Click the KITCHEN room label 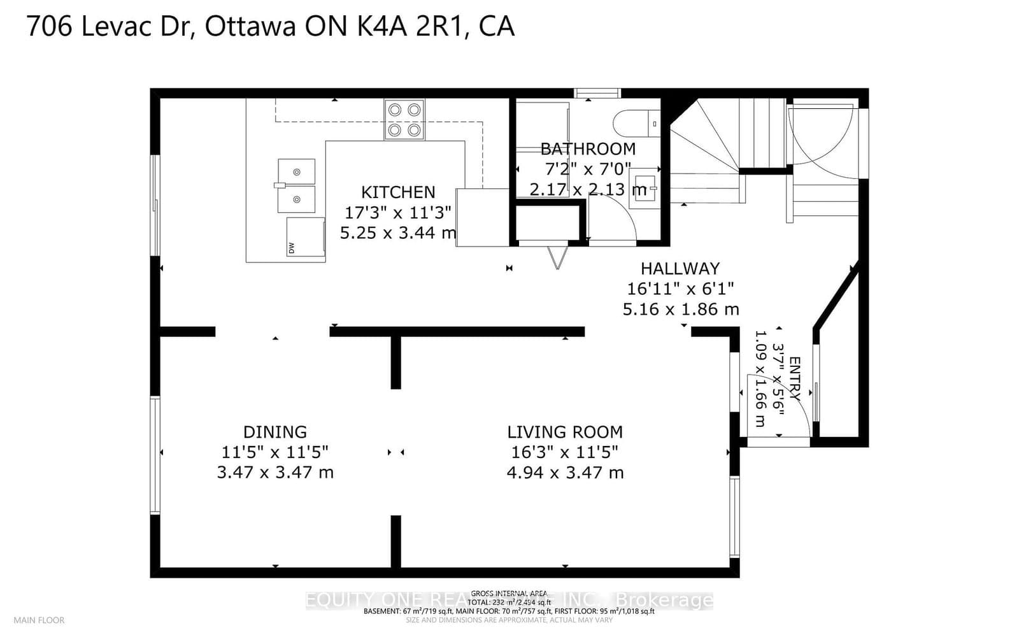tap(398, 192)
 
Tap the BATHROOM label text tap(588, 149)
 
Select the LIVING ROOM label tap(565, 432)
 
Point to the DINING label tap(275, 432)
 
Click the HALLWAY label tap(680, 269)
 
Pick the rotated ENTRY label tap(795, 378)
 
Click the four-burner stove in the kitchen tap(404, 120)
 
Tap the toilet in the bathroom tap(637, 122)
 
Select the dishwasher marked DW tap(306, 237)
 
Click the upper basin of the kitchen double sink tap(296, 171)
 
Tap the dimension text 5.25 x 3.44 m tap(398, 233)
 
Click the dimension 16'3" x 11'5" tap(565, 452)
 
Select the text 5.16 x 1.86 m tap(680, 310)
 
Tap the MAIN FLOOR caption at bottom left tap(39, 620)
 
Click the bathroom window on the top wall tap(597, 93)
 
